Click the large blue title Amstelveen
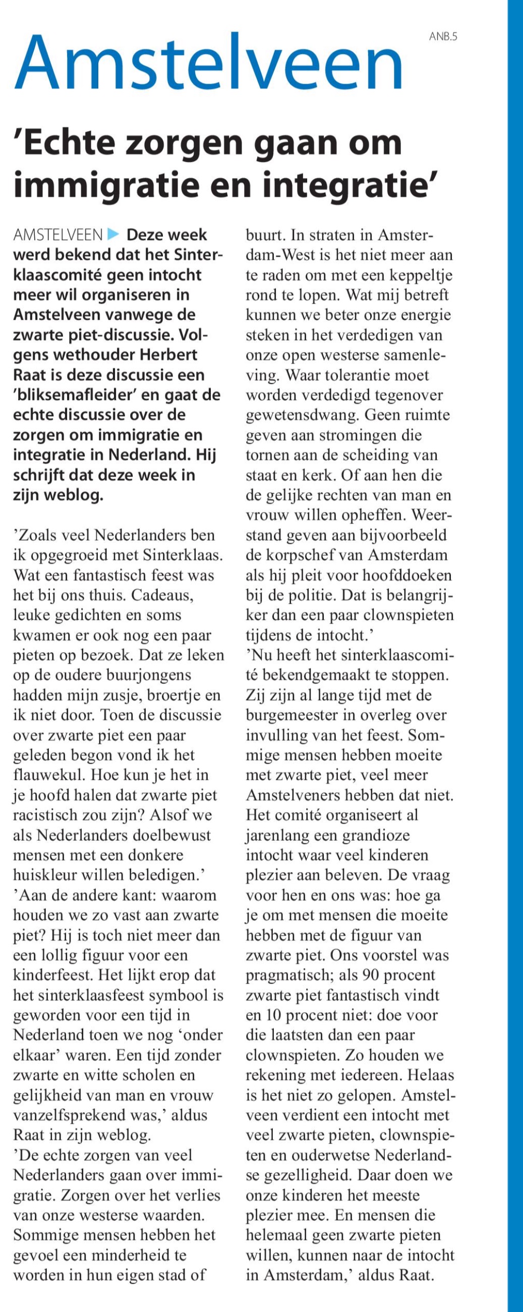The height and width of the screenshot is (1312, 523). tap(209, 64)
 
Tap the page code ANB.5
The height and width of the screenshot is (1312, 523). tap(443, 36)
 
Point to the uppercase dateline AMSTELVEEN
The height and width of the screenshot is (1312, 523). tap(58, 235)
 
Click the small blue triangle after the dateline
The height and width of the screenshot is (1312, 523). tap(113, 235)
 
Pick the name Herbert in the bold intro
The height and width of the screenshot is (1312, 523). tap(165, 355)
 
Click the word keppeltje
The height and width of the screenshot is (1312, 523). tap(420, 275)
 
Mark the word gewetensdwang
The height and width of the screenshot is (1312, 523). tap(300, 415)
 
